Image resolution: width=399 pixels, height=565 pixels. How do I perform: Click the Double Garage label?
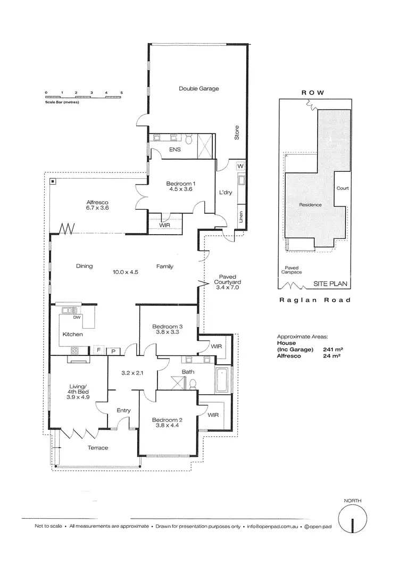click(x=198, y=89)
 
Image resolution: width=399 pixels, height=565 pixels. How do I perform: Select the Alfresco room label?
click(x=98, y=202)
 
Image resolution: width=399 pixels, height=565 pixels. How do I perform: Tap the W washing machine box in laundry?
click(x=240, y=166)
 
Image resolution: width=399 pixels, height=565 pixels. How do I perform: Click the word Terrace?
click(x=98, y=448)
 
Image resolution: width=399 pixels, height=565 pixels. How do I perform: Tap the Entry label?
click(x=124, y=411)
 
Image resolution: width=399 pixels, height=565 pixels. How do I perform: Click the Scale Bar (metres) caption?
click(x=62, y=101)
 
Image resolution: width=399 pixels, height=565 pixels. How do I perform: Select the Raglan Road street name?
click(x=315, y=300)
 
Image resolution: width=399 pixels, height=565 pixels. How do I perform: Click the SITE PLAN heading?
click(x=331, y=284)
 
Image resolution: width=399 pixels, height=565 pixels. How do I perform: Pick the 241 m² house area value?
click(x=332, y=350)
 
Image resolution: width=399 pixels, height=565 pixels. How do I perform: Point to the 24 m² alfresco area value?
click(x=331, y=357)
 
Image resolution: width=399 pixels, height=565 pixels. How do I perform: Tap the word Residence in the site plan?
click(x=310, y=204)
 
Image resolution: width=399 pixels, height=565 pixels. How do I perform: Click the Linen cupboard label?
click(x=240, y=217)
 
